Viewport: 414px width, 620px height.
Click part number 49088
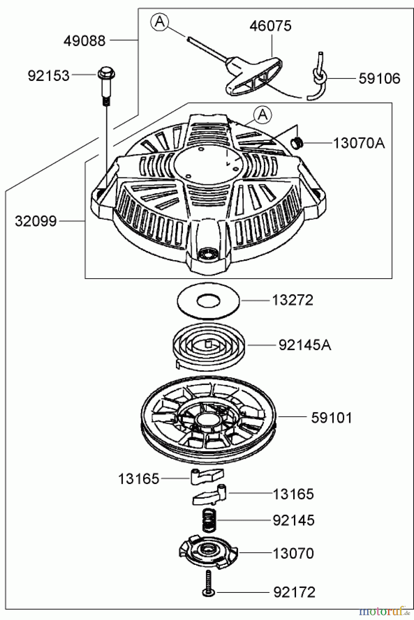point(84,41)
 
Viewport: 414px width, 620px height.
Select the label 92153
point(49,76)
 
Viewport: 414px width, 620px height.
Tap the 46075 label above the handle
point(270,26)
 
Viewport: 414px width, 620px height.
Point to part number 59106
point(379,79)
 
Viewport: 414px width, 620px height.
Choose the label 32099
point(36,221)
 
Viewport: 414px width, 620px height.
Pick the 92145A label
point(305,345)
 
